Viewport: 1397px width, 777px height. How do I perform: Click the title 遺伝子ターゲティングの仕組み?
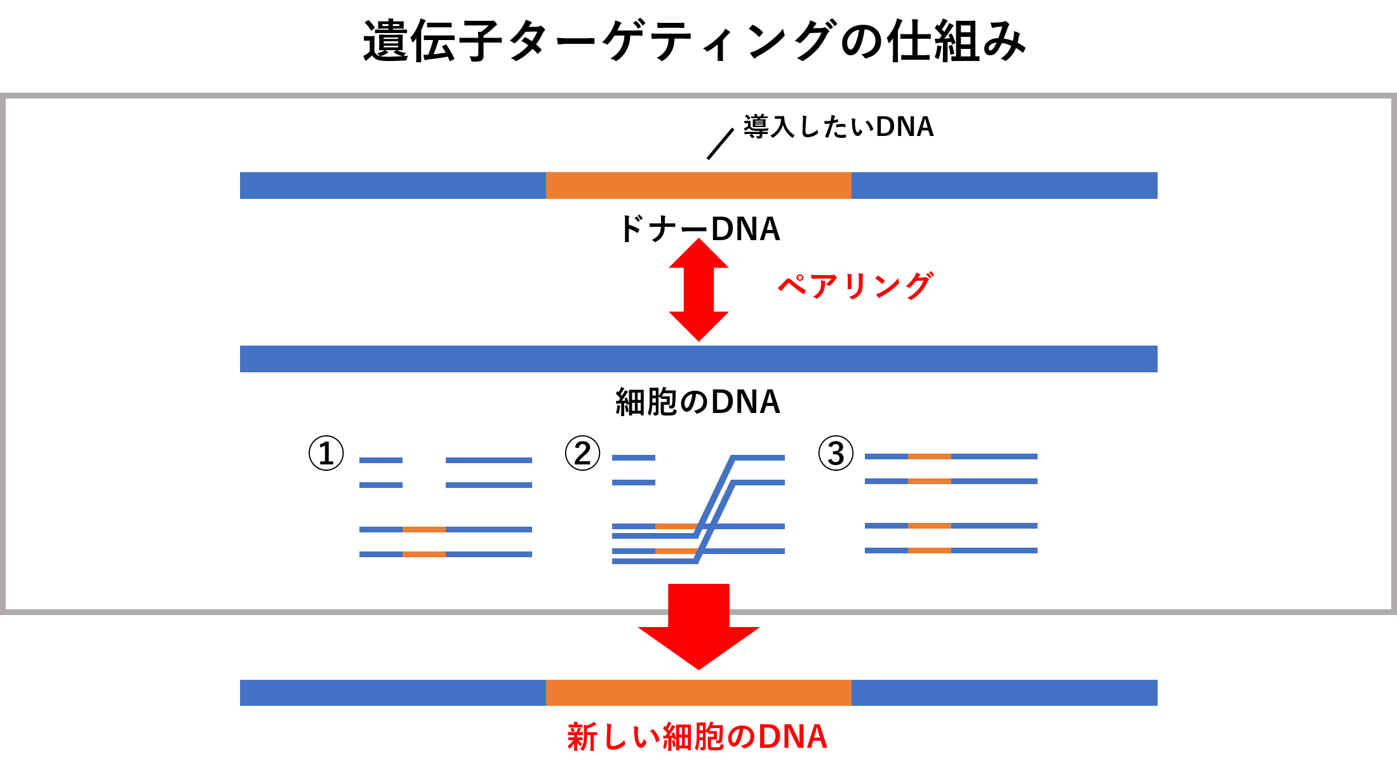coord(694,41)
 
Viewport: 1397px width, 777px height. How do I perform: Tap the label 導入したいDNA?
coord(839,126)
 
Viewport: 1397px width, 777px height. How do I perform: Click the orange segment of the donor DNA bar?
coord(698,186)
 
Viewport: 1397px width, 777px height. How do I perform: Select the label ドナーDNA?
coord(698,229)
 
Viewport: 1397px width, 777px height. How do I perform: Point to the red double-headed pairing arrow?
coord(698,290)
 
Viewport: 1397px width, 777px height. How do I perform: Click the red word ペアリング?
coord(856,286)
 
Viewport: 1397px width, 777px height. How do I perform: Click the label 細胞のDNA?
coord(698,402)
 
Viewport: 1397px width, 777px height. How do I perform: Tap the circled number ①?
coord(326,453)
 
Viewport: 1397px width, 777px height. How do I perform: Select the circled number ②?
coord(582,453)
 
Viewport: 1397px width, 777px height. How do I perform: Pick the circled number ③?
coord(836,453)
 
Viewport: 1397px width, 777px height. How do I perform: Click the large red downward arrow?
coord(698,626)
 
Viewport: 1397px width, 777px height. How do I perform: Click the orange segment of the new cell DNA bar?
coord(698,693)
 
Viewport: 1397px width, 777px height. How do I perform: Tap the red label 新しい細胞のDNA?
coord(697,737)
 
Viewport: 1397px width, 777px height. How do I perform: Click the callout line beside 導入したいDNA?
coord(721,144)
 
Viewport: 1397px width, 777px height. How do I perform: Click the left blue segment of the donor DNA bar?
coord(393,186)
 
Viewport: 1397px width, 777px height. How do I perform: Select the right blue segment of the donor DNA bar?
coord(1005,186)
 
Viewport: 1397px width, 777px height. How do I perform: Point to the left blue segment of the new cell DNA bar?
coord(393,693)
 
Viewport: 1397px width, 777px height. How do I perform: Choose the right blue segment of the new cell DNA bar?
coord(1005,693)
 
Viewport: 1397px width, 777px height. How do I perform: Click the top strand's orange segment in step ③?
coord(930,456)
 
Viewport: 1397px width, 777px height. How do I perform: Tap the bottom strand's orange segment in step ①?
coord(424,554)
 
